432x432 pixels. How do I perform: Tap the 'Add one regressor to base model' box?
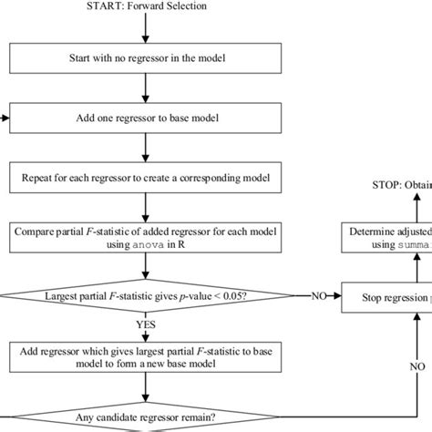[x=145, y=118]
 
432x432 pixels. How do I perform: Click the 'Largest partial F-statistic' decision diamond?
[x=145, y=295]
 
